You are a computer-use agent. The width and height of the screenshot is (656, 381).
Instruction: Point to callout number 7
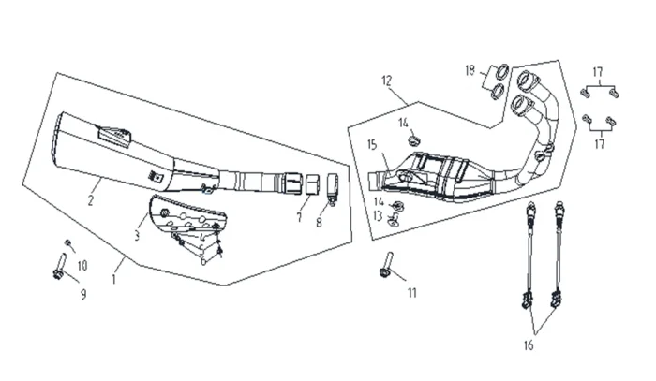tap(300, 216)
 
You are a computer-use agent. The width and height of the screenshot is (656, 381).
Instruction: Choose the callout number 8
tap(319, 223)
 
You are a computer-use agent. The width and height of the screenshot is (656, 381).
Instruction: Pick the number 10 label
tap(82, 266)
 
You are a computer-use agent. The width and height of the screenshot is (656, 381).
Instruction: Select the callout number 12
tap(386, 81)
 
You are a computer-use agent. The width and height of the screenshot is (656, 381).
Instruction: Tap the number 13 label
tap(377, 215)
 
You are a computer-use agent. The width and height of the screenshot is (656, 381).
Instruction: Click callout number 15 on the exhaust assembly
tap(371, 145)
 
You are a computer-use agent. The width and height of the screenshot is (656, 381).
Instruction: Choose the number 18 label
tap(470, 70)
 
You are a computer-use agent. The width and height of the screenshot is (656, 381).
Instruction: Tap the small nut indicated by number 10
tap(68, 244)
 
